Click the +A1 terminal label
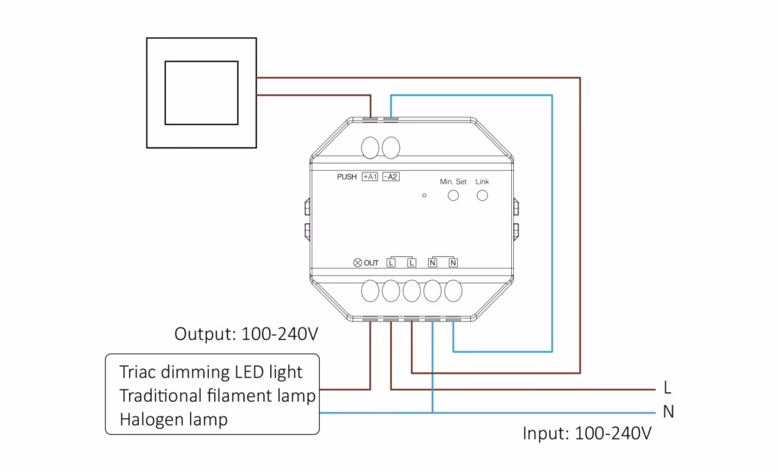(370, 177)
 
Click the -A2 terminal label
(391, 177)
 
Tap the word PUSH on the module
(347, 177)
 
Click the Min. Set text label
(453, 182)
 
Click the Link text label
(482, 182)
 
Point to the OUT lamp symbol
(357, 263)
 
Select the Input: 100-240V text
(587, 433)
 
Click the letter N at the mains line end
(668, 412)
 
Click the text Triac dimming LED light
(211, 373)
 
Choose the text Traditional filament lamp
(217, 397)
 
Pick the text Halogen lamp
(173, 420)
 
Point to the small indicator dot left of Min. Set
(424, 196)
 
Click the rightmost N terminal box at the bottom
(453, 263)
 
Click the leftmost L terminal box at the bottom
(391, 263)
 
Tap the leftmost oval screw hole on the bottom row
(371, 291)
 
